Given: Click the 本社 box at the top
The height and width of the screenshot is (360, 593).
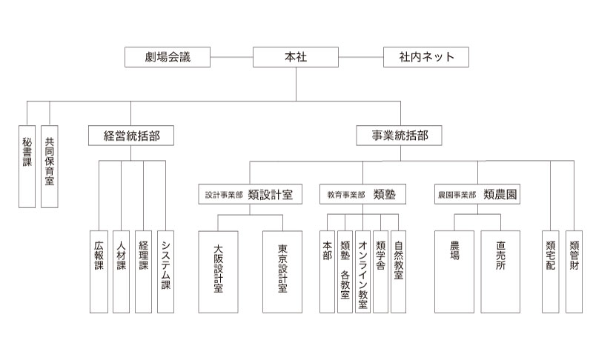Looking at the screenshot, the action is [x=295, y=57].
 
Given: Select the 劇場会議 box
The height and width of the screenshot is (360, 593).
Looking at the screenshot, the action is [x=168, y=57].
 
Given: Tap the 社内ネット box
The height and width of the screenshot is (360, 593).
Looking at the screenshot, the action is [x=425, y=57].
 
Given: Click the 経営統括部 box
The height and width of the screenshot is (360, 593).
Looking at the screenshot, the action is [x=131, y=136].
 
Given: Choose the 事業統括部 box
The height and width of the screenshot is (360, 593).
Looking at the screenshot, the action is [x=399, y=136].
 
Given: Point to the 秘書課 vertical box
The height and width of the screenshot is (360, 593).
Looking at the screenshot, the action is [x=27, y=167].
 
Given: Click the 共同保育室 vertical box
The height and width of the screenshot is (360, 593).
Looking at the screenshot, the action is [x=50, y=167].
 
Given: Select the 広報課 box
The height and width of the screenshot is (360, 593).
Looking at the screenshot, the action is [x=99, y=272].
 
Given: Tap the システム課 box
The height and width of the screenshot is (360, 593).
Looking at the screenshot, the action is [x=165, y=272].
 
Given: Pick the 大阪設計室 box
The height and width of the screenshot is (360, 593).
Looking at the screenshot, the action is [x=218, y=272].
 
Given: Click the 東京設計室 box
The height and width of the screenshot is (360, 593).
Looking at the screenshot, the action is [x=282, y=272].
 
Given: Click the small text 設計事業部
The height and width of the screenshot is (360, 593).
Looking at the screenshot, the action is [x=224, y=195].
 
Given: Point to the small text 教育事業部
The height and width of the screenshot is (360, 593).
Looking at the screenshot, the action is [x=346, y=195].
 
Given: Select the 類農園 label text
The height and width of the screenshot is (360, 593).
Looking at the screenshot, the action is [x=500, y=195].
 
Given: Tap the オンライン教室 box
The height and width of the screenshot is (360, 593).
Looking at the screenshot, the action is [x=362, y=272].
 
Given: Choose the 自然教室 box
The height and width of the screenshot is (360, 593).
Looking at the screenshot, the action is [x=398, y=272].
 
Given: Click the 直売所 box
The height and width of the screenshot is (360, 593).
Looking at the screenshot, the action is [x=500, y=272].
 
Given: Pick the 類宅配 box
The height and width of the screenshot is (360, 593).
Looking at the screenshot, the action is [x=550, y=272].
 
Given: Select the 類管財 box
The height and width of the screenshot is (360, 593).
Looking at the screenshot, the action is [x=574, y=272].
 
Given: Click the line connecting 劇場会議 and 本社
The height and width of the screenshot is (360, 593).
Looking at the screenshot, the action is [x=231, y=57].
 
